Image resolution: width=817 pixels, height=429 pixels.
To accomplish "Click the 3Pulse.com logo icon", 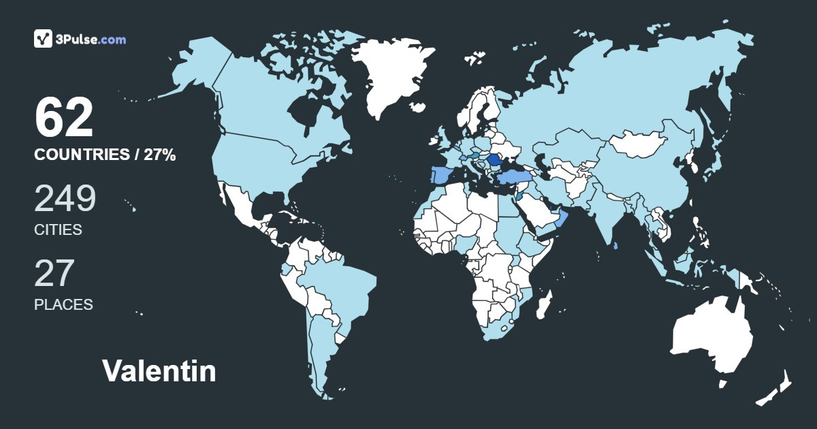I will (43, 39).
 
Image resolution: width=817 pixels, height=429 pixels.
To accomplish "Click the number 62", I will (63, 118).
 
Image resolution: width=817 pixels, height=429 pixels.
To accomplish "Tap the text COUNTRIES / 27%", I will (105, 155).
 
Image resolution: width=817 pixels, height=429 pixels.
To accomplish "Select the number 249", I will (65, 198).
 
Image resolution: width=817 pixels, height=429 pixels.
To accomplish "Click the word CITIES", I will (58, 230).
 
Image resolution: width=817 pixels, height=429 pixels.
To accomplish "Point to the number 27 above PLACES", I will (54, 272).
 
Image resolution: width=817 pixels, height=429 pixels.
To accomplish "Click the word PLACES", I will (63, 304).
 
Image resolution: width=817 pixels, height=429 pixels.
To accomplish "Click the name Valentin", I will (159, 371).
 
